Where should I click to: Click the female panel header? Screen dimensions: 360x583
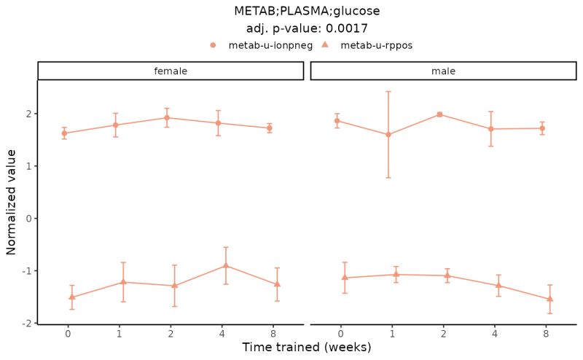tap(170, 71)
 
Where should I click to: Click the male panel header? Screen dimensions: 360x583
tap(443, 71)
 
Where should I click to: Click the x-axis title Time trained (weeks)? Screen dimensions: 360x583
tap(307, 348)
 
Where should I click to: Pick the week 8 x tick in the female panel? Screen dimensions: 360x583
tap(273, 334)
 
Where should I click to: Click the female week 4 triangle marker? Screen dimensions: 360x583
tap(226, 265)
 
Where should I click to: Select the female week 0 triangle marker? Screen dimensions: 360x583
tap(71, 297)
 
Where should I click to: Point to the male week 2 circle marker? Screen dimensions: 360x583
tap(439, 114)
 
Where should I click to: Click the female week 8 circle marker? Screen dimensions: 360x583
tap(270, 128)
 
